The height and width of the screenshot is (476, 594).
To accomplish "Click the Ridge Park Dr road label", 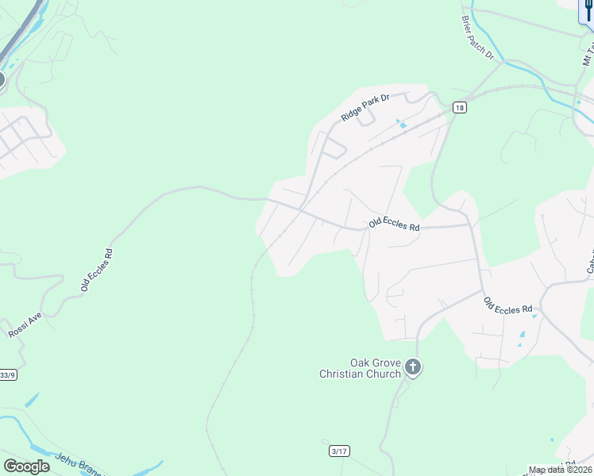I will (366, 107).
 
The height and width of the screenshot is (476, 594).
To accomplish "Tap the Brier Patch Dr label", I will (477, 38).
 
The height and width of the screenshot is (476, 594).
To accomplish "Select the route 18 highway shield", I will (459, 107).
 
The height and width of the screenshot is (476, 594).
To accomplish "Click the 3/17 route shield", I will (338, 451).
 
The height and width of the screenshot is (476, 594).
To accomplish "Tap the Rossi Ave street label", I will (25, 324).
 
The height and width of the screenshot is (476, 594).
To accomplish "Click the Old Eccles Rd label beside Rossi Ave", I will (97, 271).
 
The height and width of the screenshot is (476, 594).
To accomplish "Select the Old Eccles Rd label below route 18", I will (393, 226).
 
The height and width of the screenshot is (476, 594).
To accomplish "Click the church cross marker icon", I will (412, 367).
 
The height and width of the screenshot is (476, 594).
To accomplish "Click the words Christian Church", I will (360, 374).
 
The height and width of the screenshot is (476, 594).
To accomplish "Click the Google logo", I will (26, 466).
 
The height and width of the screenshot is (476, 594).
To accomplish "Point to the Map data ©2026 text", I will (560, 470).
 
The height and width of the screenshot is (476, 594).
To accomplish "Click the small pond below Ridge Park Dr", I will (402, 124).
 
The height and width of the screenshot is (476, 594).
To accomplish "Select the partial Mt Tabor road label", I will (587, 52).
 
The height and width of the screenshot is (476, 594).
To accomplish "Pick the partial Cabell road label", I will (590, 262).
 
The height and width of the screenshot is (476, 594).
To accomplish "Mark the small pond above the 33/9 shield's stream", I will (32, 400).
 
